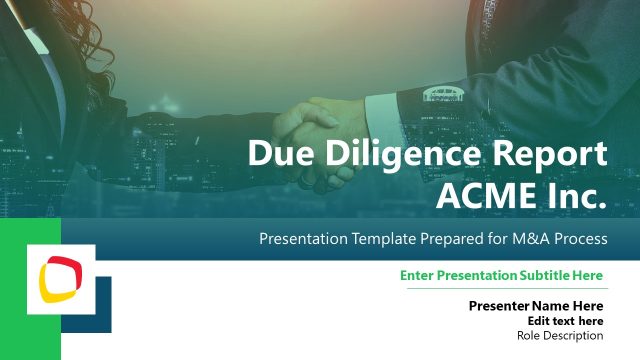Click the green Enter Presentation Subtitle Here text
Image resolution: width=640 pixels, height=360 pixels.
point(501,275)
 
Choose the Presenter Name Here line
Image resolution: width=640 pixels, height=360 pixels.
point(536,305)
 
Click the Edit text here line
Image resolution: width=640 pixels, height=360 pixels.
point(565,321)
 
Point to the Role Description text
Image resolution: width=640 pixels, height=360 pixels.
point(560,336)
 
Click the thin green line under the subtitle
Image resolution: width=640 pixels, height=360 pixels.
point(507,288)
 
